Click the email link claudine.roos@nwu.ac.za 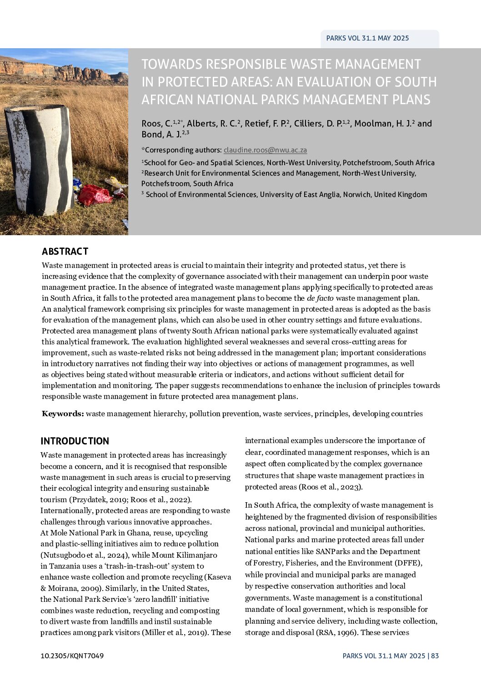pyautogui.click(x=265, y=150)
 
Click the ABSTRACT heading pyautogui.click(x=65, y=252)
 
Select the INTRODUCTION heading pyautogui.click(x=75, y=441)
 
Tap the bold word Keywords pyautogui.click(x=62, y=414)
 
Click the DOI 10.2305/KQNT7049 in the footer pyautogui.click(x=72, y=656)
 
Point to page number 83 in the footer pyautogui.click(x=435, y=656)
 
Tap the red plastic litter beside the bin pyautogui.click(x=94, y=195)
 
